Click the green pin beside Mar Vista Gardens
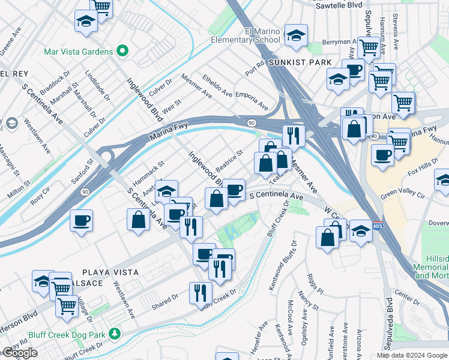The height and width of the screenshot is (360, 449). click(x=124, y=51)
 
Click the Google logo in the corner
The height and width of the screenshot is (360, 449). click(x=19, y=353)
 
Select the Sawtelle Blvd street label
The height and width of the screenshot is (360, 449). click(x=339, y=5)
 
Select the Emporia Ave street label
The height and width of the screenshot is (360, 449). click(x=252, y=101)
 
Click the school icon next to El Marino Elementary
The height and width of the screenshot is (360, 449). click(x=296, y=37)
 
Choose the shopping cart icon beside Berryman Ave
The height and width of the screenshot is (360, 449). click(x=369, y=47)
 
